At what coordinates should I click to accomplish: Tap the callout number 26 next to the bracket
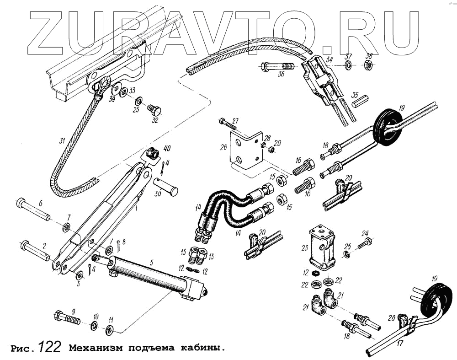tap(223, 148)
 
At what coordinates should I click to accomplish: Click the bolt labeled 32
tap(154, 110)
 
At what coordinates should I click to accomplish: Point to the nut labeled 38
tap(368, 66)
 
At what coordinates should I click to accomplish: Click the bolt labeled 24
tap(364, 242)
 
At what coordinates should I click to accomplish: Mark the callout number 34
tap(330, 59)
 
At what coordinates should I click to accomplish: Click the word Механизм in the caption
tap(95, 348)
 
